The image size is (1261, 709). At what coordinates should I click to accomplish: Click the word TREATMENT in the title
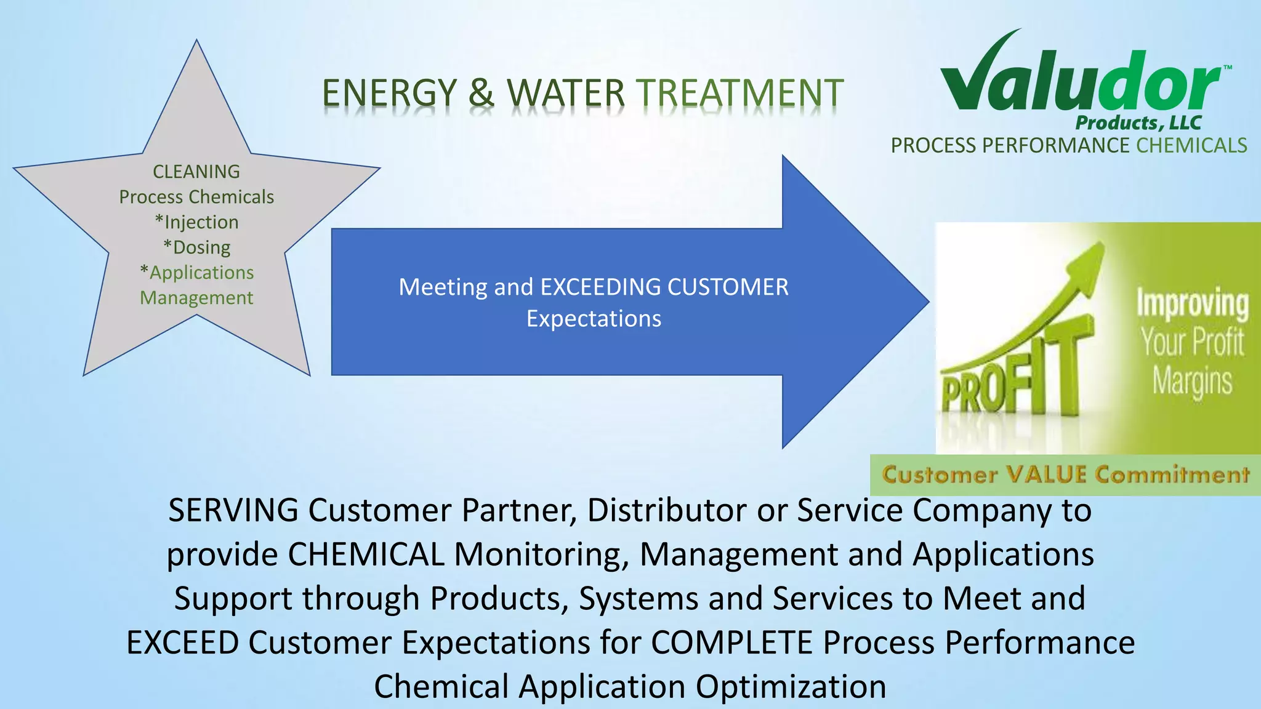tap(739, 94)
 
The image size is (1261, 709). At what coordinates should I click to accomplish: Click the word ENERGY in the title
tap(389, 94)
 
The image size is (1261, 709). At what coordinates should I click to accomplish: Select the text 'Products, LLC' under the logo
tap(1138, 122)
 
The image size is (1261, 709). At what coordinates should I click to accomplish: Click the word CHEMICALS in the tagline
tap(1191, 146)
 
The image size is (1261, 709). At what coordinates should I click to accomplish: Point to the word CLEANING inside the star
tap(196, 172)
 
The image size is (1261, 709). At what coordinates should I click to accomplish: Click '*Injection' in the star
tap(196, 222)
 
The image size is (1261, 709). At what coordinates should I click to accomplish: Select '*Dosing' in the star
tap(196, 247)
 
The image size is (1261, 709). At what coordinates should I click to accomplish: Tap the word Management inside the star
tap(196, 298)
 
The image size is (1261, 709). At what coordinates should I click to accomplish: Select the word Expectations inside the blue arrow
tap(594, 319)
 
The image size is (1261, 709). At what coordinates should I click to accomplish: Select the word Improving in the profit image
tap(1192, 303)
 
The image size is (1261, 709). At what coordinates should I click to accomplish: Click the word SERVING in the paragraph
tap(233, 510)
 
